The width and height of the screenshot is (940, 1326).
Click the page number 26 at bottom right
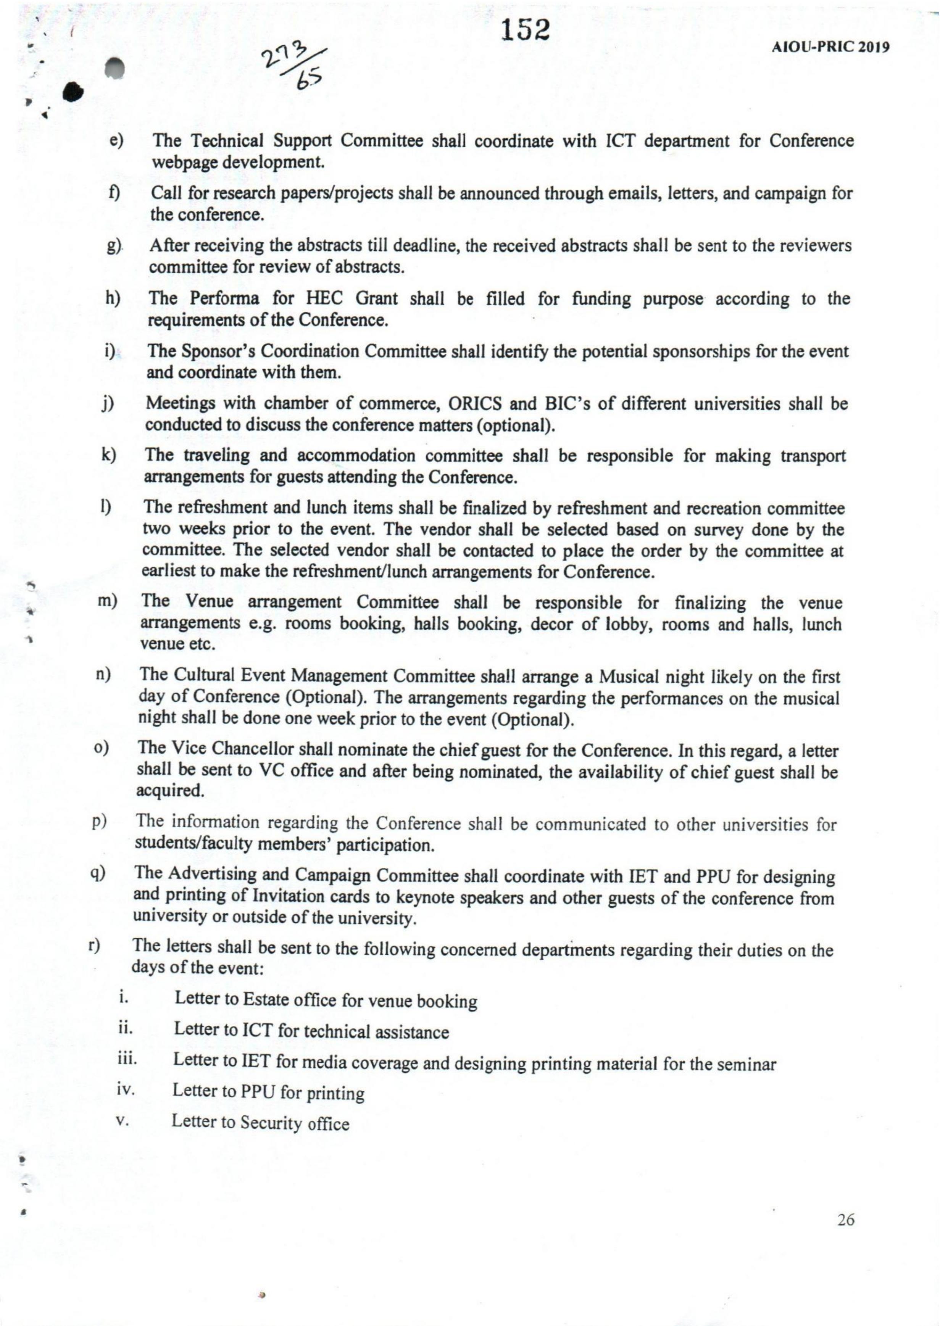846,1220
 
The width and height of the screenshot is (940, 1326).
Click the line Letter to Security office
260,1123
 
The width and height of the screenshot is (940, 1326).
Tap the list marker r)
94,946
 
